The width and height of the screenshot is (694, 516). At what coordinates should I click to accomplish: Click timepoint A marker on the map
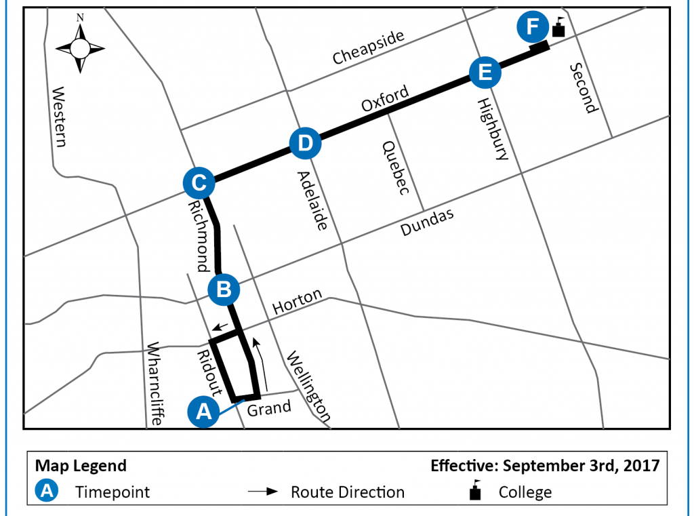(203, 412)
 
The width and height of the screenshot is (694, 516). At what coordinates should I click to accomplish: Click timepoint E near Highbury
(484, 71)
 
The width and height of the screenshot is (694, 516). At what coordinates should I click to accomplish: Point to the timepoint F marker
(533, 27)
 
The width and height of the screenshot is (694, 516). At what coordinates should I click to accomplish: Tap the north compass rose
(80, 47)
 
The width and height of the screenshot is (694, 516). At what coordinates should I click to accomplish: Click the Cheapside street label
(368, 48)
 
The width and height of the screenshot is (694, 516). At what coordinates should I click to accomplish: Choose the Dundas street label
(426, 222)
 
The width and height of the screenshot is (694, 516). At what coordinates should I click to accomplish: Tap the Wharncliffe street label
(155, 382)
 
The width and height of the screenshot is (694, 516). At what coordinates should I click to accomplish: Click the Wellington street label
(309, 387)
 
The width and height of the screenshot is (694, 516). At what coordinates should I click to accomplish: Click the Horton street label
(297, 306)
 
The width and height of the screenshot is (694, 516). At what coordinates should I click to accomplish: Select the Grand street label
(269, 408)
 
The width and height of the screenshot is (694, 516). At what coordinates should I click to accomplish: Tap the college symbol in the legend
(476, 491)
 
